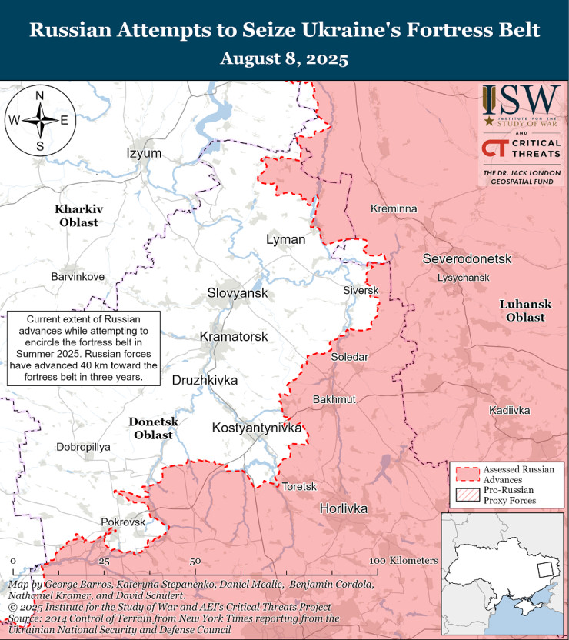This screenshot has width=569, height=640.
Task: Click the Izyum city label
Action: tap(144, 153)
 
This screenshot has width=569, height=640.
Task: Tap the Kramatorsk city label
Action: tap(234, 337)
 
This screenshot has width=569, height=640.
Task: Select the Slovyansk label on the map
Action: tap(237, 293)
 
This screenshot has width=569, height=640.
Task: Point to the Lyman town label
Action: tap(285, 239)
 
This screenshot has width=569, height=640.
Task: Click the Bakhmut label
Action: tap(334, 400)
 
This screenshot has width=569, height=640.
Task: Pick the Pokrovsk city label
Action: tap(123, 522)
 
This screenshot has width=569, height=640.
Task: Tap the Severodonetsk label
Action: tap(467, 258)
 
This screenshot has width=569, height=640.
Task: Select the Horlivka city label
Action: tap(344, 509)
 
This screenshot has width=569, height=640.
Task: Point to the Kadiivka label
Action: tap(510, 411)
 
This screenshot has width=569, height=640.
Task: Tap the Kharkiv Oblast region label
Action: tap(78, 215)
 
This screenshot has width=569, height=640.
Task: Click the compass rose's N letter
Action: tap(40, 95)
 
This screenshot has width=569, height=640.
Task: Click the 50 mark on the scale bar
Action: tap(195, 561)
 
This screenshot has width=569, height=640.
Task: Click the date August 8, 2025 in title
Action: tap(284, 58)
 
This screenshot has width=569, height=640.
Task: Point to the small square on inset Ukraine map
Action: tap(544, 570)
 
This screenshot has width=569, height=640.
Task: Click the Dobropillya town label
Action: tap(84, 446)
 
